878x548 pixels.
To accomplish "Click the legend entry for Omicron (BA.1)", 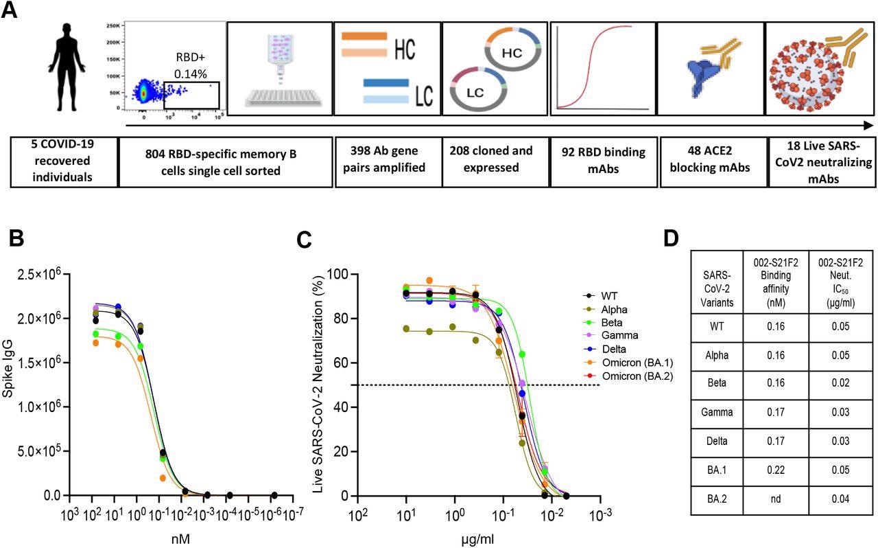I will pyautogui.click(x=629, y=363).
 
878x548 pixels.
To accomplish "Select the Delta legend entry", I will pyautogui.click(x=616, y=349).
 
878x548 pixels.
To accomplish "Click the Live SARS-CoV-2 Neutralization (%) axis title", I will pyautogui.click(x=319, y=384).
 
